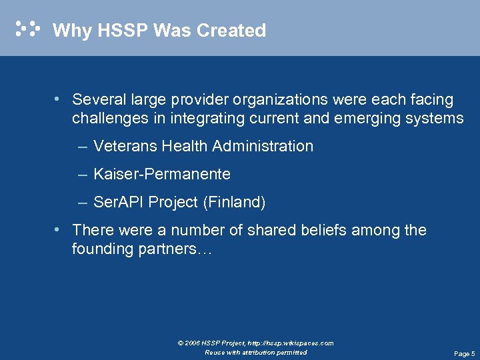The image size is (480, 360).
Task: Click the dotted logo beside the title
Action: (x=28, y=29)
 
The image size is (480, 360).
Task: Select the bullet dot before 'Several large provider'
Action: (x=59, y=99)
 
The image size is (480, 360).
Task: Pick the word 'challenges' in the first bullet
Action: (x=110, y=119)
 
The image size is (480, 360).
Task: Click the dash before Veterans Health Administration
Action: (x=82, y=146)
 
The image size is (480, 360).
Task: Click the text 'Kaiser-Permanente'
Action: (x=162, y=174)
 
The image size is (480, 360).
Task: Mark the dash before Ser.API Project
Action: (x=82, y=202)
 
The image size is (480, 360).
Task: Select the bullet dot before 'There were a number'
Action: (x=59, y=230)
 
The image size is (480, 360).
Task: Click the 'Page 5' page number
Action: (x=464, y=353)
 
